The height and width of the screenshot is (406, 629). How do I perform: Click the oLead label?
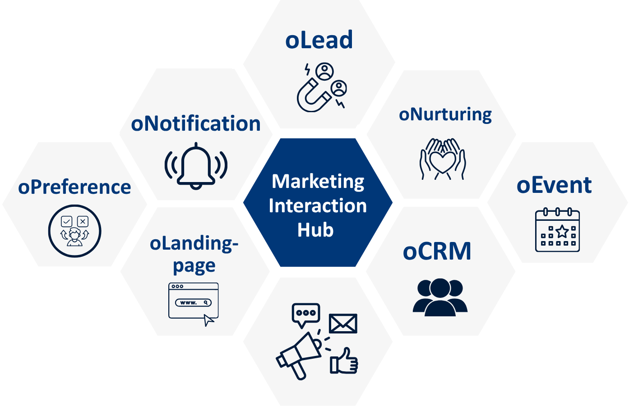point(319,40)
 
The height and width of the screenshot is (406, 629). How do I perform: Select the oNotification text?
point(196,123)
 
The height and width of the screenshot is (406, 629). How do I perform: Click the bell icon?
point(196,166)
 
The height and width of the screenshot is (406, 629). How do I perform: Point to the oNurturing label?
point(445,114)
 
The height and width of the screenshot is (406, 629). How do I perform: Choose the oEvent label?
point(554,185)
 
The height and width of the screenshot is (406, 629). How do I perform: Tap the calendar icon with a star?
point(557,230)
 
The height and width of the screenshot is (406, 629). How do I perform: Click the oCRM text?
point(437,251)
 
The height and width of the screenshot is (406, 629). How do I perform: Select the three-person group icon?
point(440,297)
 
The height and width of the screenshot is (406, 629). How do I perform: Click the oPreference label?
point(74,187)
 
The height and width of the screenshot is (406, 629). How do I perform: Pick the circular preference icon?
point(75,231)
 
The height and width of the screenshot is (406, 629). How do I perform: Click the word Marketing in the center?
point(318,182)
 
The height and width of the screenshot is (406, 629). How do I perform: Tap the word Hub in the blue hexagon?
point(315,230)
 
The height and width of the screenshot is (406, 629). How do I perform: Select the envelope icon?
point(343,324)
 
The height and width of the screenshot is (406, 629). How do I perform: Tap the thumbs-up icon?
point(344,362)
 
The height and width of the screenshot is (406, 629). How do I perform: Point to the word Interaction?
point(318,206)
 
